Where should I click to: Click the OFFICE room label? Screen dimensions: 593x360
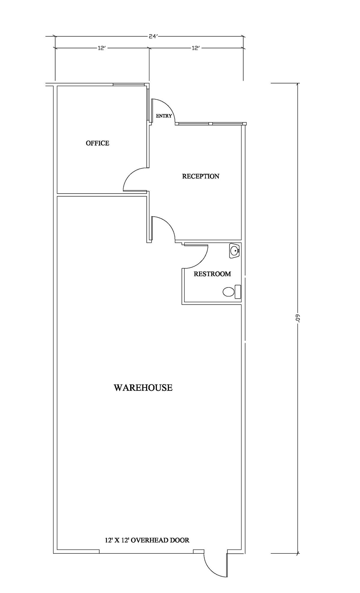(x=97, y=143)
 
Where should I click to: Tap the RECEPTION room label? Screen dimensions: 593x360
(x=201, y=176)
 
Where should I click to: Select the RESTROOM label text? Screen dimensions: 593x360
(x=212, y=274)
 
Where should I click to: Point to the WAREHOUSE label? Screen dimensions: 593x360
(x=143, y=387)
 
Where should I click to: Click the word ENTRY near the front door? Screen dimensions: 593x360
(x=164, y=116)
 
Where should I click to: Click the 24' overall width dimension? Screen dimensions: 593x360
(x=153, y=36)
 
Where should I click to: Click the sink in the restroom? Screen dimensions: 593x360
(x=235, y=251)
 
